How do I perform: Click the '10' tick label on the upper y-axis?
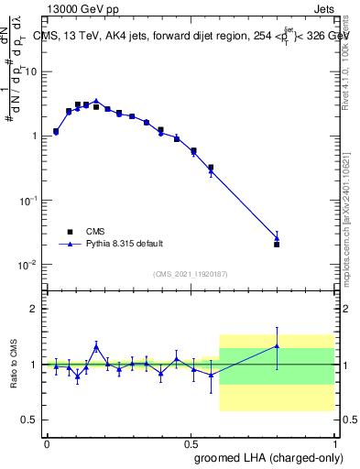click(31, 71)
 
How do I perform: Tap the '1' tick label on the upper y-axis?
click(34, 136)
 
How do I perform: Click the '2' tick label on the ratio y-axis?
click(34, 309)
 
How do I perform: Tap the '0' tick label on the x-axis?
click(47, 442)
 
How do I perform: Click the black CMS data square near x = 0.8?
click(277, 245)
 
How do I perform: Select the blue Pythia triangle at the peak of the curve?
click(96, 101)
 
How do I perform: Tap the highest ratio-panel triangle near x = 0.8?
click(277, 345)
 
